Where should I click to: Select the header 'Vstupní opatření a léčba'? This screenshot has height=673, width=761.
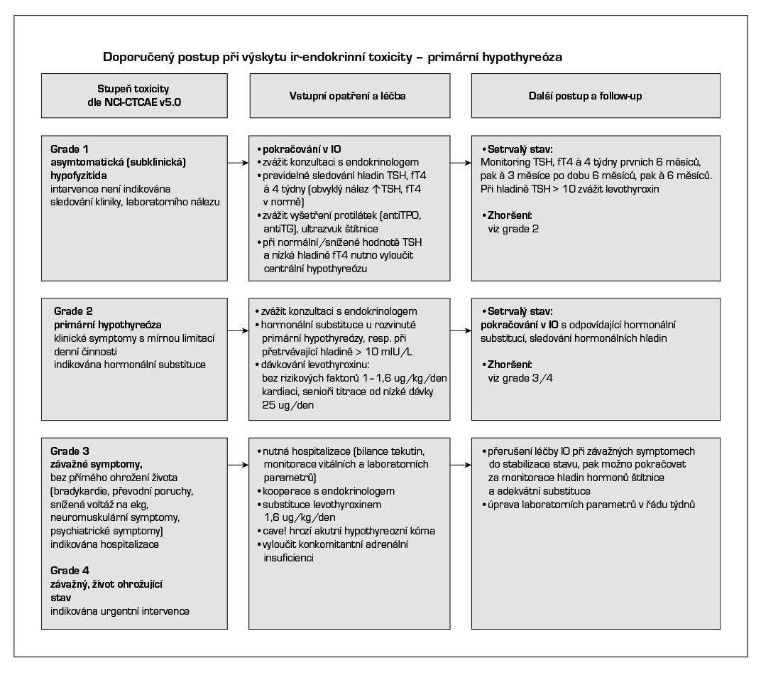click(x=351, y=97)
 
